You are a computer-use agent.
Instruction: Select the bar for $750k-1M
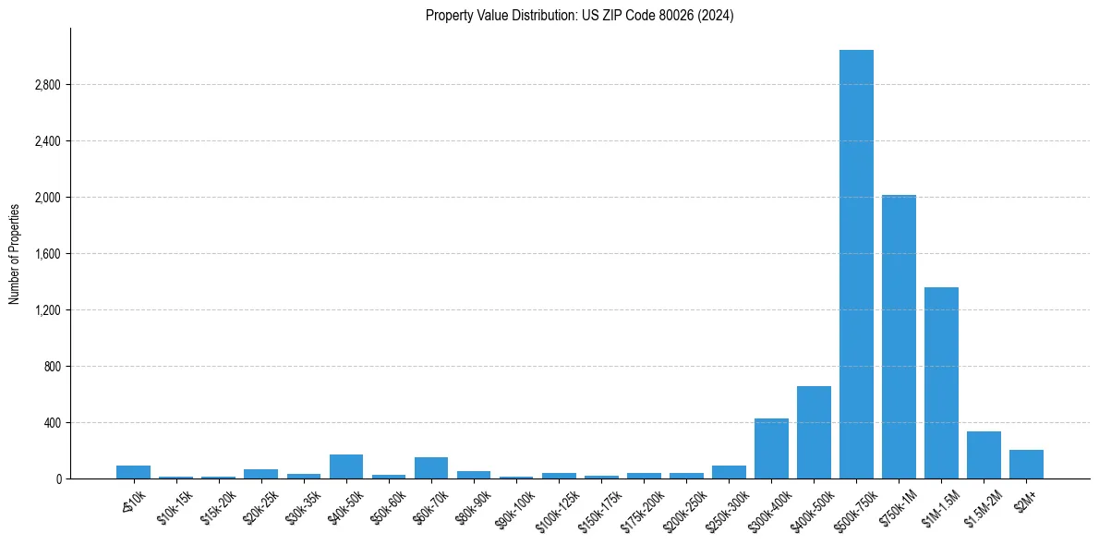click(x=899, y=337)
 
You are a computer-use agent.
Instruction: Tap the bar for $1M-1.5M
click(x=941, y=383)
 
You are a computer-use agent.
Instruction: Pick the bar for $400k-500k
click(x=814, y=432)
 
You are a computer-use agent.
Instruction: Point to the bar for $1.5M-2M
click(x=984, y=455)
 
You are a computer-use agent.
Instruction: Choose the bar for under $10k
click(x=133, y=472)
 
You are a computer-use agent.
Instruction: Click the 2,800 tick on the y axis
click(x=47, y=85)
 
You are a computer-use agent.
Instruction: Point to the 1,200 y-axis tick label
click(x=47, y=310)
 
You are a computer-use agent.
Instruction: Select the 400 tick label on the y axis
click(x=53, y=423)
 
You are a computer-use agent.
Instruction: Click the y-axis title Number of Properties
click(x=15, y=253)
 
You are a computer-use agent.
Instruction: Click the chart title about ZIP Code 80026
click(x=579, y=16)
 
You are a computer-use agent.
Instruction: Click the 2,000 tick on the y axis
click(x=47, y=198)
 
